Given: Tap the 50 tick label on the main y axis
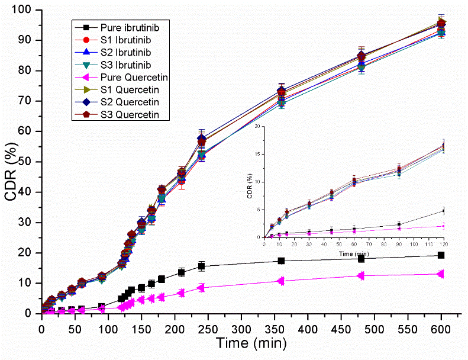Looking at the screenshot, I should (27, 162).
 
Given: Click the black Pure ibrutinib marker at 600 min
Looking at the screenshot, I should (441, 255).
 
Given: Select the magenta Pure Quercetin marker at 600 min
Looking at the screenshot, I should (441, 274).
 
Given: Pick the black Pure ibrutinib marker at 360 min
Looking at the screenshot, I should (281, 261).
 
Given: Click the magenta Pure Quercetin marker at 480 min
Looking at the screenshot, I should (361, 275).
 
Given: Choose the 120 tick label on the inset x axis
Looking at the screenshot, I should (443, 244).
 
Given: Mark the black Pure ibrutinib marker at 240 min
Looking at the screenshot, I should (201, 266).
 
